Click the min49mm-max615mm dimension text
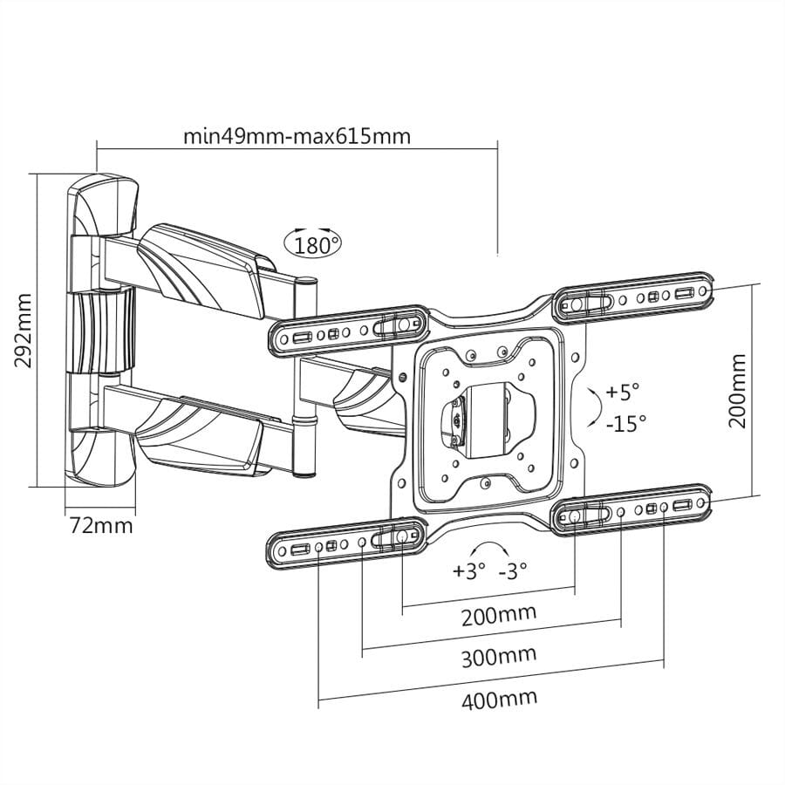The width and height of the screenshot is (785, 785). point(297,136)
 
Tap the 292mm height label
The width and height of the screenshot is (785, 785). point(24,330)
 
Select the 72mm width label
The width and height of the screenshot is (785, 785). point(102,526)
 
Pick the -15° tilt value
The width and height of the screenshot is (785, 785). point(625,423)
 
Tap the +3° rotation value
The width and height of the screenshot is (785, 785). point(468,572)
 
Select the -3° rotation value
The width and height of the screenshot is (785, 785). point(513,572)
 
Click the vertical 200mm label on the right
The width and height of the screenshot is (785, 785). point(739,390)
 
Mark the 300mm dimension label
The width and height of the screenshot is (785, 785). point(498,655)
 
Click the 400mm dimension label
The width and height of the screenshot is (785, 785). point(499,697)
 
